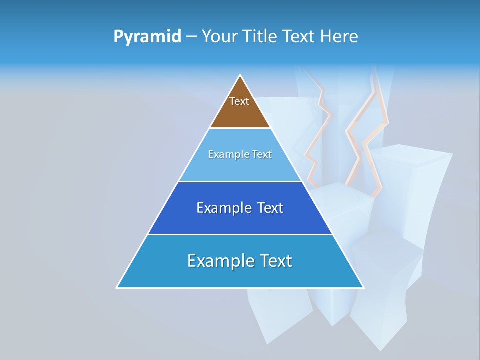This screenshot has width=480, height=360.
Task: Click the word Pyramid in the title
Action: [147, 37]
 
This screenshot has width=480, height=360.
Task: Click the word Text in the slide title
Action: [300, 36]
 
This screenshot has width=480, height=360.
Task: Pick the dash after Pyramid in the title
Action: [191, 37]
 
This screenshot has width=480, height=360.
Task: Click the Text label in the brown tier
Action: [239, 101]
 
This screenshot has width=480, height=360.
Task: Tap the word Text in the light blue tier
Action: [262, 154]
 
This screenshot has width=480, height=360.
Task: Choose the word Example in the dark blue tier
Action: [222, 208]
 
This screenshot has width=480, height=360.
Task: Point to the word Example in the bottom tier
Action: [218, 261]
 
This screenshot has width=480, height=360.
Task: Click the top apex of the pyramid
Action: [240, 75]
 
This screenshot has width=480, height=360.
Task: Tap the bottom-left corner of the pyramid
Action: [117, 287]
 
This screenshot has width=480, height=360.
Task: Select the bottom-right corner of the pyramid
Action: [363, 287]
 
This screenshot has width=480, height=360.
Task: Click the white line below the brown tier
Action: [240, 128]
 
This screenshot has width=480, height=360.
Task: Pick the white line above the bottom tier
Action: [240, 234]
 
